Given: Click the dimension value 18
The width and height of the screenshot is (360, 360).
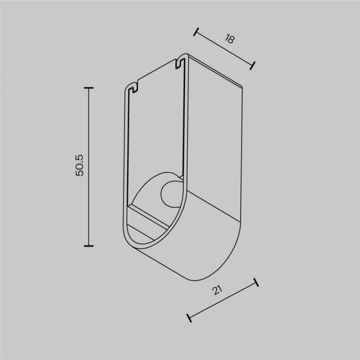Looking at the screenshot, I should [229, 40].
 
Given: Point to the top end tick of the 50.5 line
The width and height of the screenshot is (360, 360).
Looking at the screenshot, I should [88, 88].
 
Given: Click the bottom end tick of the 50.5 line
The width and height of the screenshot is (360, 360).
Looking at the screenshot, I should [88, 246].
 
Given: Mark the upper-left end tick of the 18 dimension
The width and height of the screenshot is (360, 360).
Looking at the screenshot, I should [195, 32].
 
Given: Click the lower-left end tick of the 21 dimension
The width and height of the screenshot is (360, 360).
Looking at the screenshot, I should [189, 318].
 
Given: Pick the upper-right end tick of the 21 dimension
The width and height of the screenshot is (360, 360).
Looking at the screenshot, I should [256, 282].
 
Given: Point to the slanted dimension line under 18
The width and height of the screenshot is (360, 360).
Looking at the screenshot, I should [224, 48].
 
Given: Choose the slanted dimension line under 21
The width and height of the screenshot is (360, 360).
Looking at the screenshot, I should [223, 300].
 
